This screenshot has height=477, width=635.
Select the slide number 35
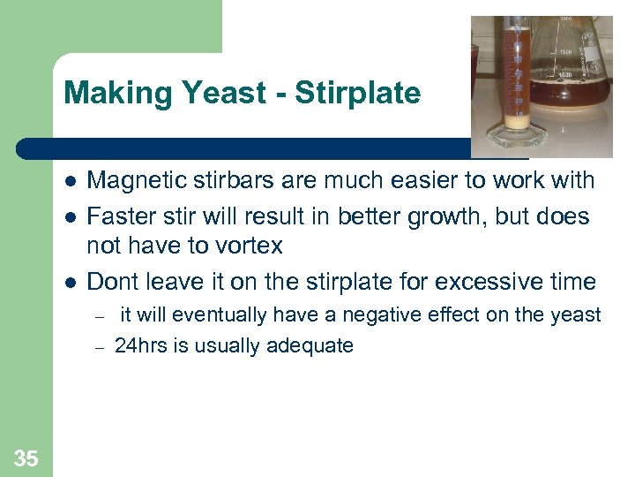pyautogui.click(x=26, y=458)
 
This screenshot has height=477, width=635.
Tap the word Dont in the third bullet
pyautogui.click(x=113, y=282)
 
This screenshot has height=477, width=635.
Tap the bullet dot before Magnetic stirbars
pyautogui.click(x=70, y=181)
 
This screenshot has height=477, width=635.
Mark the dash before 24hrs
pyautogui.click(x=100, y=346)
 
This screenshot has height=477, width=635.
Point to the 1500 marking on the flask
pyautogui.click(x=565, y=51)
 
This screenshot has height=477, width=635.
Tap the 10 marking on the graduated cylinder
pyautogui.click(x=519, y=114)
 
